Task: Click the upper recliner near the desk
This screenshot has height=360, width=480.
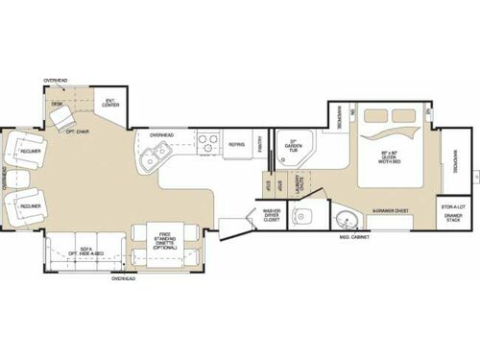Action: pyautogui.click(x=25, y=152)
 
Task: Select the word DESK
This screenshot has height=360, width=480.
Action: pyautogui.click(x=57, y=103)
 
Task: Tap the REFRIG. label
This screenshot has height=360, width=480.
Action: pyautogui.click(x=235, y=145)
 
